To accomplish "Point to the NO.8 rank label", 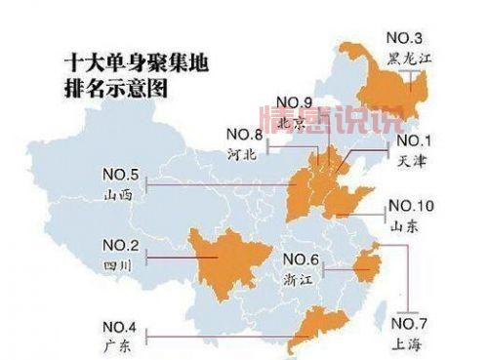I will click(244, 134).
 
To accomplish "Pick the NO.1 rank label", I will click(415, 140).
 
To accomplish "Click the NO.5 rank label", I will click(120, 176).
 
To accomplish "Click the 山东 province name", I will click(405, 224).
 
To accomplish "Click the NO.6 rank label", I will click(301, 259).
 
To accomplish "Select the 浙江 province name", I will click(296, 277).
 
